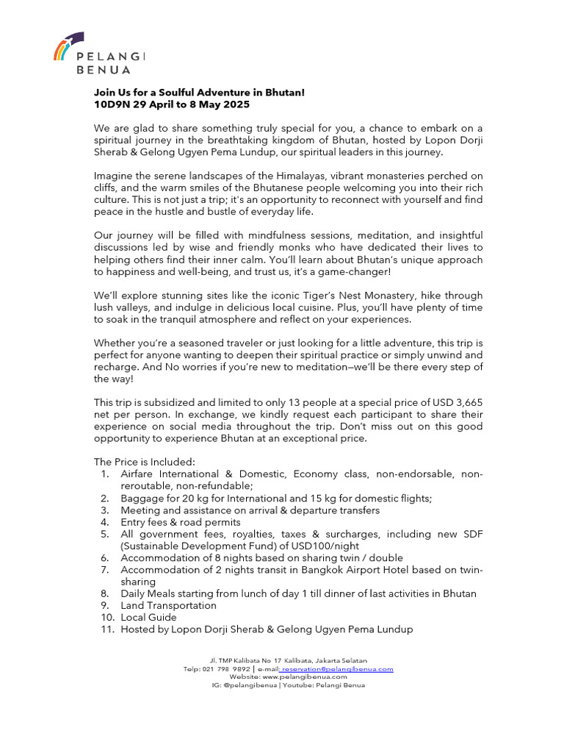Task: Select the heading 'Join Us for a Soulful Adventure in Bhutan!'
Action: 199,93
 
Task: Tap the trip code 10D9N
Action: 111,105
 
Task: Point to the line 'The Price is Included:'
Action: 145,462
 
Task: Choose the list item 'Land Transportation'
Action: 168,605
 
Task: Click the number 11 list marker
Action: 106,629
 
